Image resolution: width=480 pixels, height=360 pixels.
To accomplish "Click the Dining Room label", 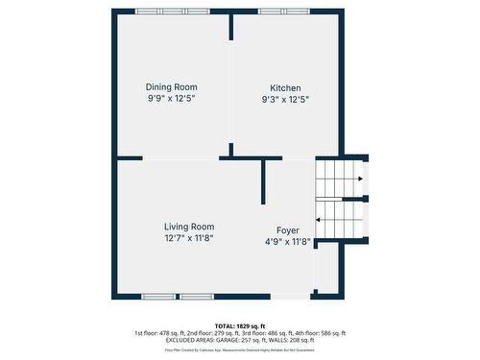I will [x=172, y=86].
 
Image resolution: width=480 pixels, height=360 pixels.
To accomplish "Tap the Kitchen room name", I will [x=285, y=86].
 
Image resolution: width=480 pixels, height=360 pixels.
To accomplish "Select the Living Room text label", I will [x=188, y=227].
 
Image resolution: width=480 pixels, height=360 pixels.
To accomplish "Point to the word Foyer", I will [x=288, y=230].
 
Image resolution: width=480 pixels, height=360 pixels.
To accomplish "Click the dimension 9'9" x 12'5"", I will [x=172, y=99].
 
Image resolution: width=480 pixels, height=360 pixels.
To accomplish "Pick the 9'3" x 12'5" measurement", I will [x=285, y=99].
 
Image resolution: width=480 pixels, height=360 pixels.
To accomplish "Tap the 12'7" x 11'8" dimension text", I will [x=188, y=238].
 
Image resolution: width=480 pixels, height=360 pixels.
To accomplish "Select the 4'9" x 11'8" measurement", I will [x=288, y=242].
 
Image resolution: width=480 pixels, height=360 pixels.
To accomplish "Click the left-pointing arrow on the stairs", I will [x=319, y=219].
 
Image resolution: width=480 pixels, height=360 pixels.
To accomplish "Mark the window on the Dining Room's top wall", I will [x=173, y=12].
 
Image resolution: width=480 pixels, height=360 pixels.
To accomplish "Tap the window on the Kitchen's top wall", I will [x=284, y=12].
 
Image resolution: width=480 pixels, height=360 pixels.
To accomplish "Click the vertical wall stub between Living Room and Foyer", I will [x=263, y=182].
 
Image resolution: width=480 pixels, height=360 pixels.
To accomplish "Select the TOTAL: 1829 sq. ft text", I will [x=240, y=325].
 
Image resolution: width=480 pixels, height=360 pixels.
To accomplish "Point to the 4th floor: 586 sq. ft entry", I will [x=318, y=333].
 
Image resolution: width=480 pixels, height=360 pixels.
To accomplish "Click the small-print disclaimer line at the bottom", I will [x=240, y=350].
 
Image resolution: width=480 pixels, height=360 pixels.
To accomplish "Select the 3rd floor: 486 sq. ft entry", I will [x=266, y=333].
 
